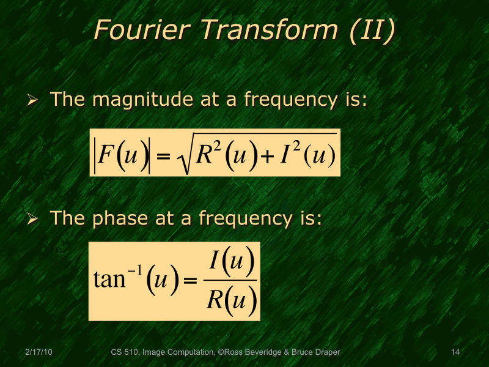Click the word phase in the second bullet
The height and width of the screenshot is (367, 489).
[117, 218]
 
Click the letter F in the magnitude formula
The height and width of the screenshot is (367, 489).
[106, 155]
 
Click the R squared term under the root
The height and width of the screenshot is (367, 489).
[204, 154]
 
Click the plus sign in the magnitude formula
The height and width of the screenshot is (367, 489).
[267, 157]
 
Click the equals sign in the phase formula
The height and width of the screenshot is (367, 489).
[189, 281]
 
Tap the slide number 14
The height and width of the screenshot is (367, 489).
[455, 352]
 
